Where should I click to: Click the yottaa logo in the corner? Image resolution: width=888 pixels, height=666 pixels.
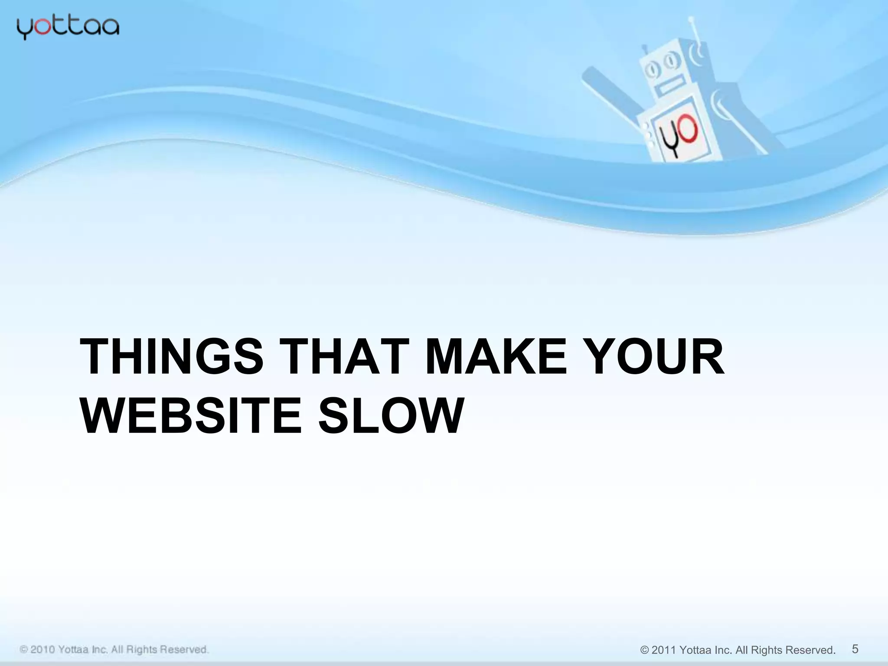pos(68,28)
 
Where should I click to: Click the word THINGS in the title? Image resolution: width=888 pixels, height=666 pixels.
pos(172,357)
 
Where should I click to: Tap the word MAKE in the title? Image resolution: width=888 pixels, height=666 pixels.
pos(496,357)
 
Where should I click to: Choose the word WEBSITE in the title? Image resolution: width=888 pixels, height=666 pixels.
pos(191,416)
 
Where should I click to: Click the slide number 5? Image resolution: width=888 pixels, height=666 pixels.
pos(855,649)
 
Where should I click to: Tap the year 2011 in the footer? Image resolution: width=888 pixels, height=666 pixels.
pos(664,650)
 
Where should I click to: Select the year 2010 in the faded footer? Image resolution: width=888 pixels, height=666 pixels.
pos(42,650)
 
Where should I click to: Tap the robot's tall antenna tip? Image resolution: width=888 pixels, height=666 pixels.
pos(691,19)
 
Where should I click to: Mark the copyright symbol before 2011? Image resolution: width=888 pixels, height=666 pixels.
pos(644,650)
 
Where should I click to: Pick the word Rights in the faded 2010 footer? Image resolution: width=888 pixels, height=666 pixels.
pos(142,650)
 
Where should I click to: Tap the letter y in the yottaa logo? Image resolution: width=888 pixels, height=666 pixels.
pos(24,29)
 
